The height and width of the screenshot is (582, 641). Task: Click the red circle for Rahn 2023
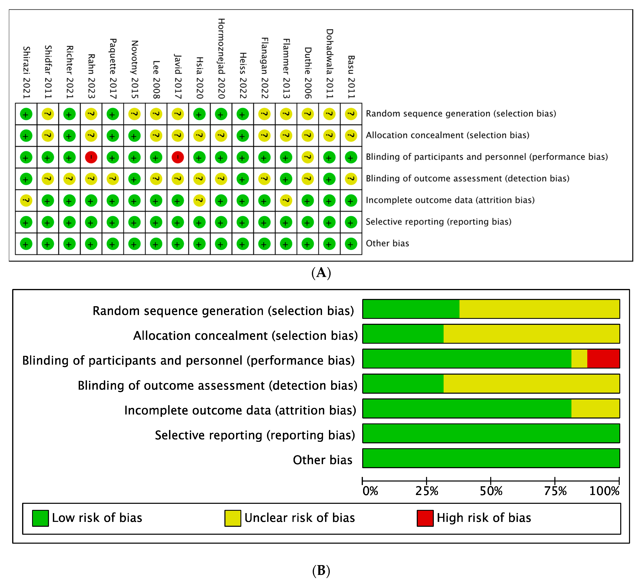91,157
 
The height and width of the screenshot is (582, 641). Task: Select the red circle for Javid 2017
177,157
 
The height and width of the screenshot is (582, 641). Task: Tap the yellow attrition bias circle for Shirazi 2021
26,200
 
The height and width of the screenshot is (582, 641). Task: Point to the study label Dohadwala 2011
329,64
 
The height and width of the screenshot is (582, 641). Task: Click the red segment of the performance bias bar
603,358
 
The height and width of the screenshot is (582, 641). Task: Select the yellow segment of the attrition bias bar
595,408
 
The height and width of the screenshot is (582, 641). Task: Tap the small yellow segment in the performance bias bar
579,358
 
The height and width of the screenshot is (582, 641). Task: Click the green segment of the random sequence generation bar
411,309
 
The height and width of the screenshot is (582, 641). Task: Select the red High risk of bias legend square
425,518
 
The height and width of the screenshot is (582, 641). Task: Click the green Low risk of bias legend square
40,518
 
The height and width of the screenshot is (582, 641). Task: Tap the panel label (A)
321,273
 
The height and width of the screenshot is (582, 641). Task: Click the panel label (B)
321,570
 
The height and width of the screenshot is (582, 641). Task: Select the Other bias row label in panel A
387,243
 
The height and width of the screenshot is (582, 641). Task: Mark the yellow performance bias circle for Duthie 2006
307,157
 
